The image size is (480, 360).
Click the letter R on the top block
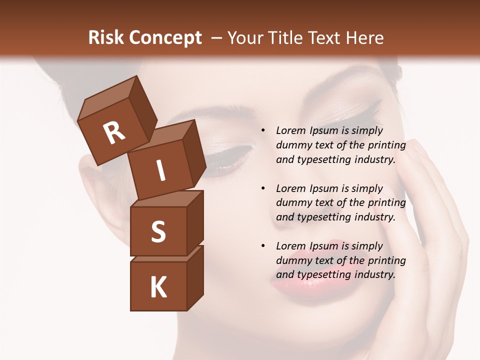pos(114,132)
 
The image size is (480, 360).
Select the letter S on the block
pos(158,231)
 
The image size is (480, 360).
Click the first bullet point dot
pos(263,131)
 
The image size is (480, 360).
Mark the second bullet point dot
pos(263,189)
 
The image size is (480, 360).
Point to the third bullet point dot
pos(263,246)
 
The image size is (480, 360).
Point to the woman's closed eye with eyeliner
pos(230,157)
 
